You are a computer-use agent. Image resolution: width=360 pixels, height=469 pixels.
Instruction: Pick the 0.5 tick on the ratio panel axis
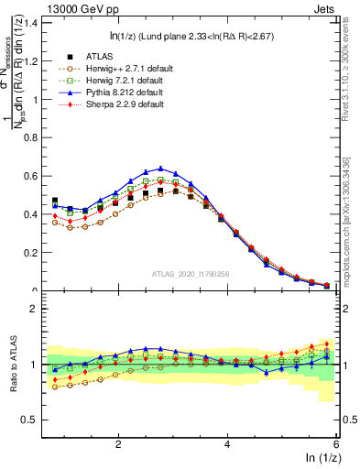point(33,420)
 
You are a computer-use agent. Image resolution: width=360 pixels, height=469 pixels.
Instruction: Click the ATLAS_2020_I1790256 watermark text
point(191,273)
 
